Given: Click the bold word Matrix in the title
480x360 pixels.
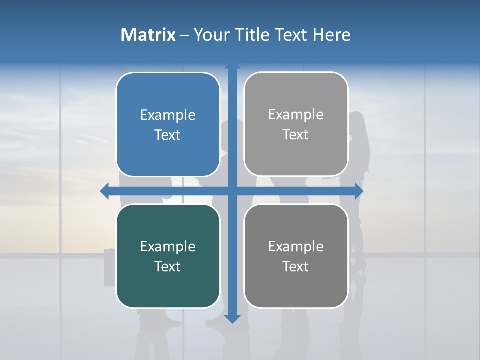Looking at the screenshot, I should [x=148, y=35].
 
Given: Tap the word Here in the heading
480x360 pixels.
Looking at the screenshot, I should [x=332, y=35].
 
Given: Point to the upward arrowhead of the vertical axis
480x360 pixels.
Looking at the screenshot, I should [x=232, y=67].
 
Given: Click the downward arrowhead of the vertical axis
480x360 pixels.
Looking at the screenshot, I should [x=232, y=318].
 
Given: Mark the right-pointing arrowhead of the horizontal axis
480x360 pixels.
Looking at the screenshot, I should [x=359, y=191].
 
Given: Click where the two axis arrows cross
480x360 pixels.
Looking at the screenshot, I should [x=232, y=191].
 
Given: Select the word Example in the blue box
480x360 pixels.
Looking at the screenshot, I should [x=168, y=115].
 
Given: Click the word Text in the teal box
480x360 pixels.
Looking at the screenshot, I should [x=168, y=266].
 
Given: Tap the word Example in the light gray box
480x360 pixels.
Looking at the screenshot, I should [x=296, y=115].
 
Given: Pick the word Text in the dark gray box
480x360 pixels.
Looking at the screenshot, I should [x=296, y=266].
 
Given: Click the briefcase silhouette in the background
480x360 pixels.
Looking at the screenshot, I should [x=110, y=267].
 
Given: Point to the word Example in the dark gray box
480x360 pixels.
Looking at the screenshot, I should [x=296, y=246].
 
